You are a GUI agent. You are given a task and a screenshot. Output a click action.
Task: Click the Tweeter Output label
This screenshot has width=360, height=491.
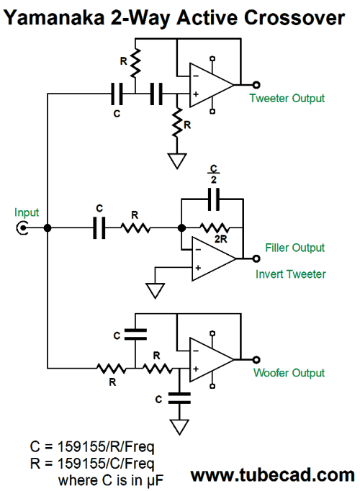(287, 99)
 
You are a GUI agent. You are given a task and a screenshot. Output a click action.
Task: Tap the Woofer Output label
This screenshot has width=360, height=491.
(289, 373)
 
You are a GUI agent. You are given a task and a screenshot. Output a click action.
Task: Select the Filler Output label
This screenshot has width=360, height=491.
(295, 248)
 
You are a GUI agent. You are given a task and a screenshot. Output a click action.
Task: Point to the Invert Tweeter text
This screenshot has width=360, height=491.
(290, 274)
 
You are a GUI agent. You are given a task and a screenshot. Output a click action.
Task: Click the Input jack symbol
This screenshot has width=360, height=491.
(22, 228)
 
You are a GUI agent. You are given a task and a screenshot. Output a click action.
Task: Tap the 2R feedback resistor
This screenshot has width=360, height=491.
(215, 228)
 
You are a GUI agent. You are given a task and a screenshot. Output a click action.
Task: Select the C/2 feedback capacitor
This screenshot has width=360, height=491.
(214, 199)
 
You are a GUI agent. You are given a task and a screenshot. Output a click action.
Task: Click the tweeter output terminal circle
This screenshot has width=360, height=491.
(256, 84)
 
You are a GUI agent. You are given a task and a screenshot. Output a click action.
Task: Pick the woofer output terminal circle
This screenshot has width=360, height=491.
(256, 359)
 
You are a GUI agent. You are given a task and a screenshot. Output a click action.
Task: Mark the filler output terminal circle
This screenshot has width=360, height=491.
(256, 258)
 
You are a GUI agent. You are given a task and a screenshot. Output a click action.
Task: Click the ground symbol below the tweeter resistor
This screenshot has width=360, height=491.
(177, 161)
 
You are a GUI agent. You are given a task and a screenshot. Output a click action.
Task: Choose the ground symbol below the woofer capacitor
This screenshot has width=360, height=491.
(180, 427)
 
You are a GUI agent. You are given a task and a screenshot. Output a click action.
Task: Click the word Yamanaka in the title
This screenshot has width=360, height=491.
(54, 17)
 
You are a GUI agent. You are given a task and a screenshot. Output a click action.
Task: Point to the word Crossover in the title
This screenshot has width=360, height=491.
(294, 17)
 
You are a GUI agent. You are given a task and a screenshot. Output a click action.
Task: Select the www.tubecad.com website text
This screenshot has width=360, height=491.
(273, 475)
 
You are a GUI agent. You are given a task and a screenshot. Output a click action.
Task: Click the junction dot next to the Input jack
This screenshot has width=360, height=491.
(48, 228)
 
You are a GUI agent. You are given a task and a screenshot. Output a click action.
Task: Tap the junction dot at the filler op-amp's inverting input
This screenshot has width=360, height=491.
(181, 228)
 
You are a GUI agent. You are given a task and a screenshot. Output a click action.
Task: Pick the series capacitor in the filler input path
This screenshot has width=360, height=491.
(99, 228)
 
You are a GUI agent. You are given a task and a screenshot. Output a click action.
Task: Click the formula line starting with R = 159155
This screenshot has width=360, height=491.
(92, 464)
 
